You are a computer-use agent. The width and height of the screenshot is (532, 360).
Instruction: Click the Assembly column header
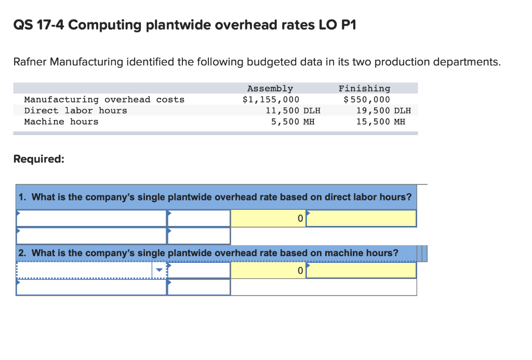[x=270, y=89]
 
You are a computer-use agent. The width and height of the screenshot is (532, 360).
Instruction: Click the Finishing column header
[x=364, y=89]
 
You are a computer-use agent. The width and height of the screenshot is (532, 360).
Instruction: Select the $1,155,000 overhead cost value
[x=271, y=100]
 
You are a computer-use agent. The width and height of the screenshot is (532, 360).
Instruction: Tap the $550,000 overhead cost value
[x=366, y=100]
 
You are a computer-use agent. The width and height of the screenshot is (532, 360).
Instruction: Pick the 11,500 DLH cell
[x=292, y=111]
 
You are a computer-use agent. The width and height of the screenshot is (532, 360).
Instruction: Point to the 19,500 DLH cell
[x=383, y=111]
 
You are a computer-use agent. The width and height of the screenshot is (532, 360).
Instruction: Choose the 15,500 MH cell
[x=380, y=122]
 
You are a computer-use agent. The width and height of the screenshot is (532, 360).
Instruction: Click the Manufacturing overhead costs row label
[x=104, y=100]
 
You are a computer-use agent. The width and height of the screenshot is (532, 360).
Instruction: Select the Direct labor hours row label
[x=75, y=111]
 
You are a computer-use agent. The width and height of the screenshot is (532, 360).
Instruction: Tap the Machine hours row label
[x=61, y=122]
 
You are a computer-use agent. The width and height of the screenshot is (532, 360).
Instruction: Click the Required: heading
[x=39, y=159]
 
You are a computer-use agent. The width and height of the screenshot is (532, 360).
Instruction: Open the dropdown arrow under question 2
[x=159, y=270]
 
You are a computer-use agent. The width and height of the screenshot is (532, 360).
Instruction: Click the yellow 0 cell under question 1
[x=268, y=219]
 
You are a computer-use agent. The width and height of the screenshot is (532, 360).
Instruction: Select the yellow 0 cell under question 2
[x=268, y=270]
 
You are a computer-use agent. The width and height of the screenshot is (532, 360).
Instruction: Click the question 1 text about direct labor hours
[x=215, y=197]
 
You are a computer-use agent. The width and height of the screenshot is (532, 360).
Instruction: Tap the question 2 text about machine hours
[x=208, y=253]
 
